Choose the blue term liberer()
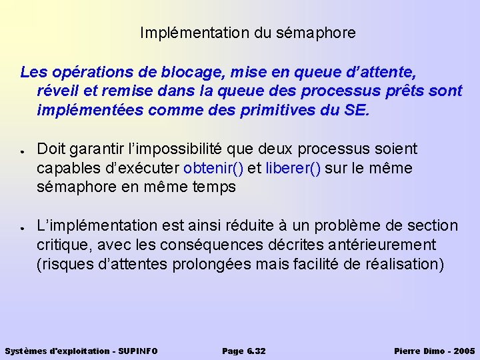click(x=293, y=168)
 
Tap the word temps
click(x=215, y=187)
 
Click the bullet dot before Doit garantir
click(x=23, y=149)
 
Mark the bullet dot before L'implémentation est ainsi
click(x=23, y=227)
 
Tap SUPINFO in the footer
click(x=139, y=351)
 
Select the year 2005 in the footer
click(x=463, y=351)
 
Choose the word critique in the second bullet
click(x=60, y=245)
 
